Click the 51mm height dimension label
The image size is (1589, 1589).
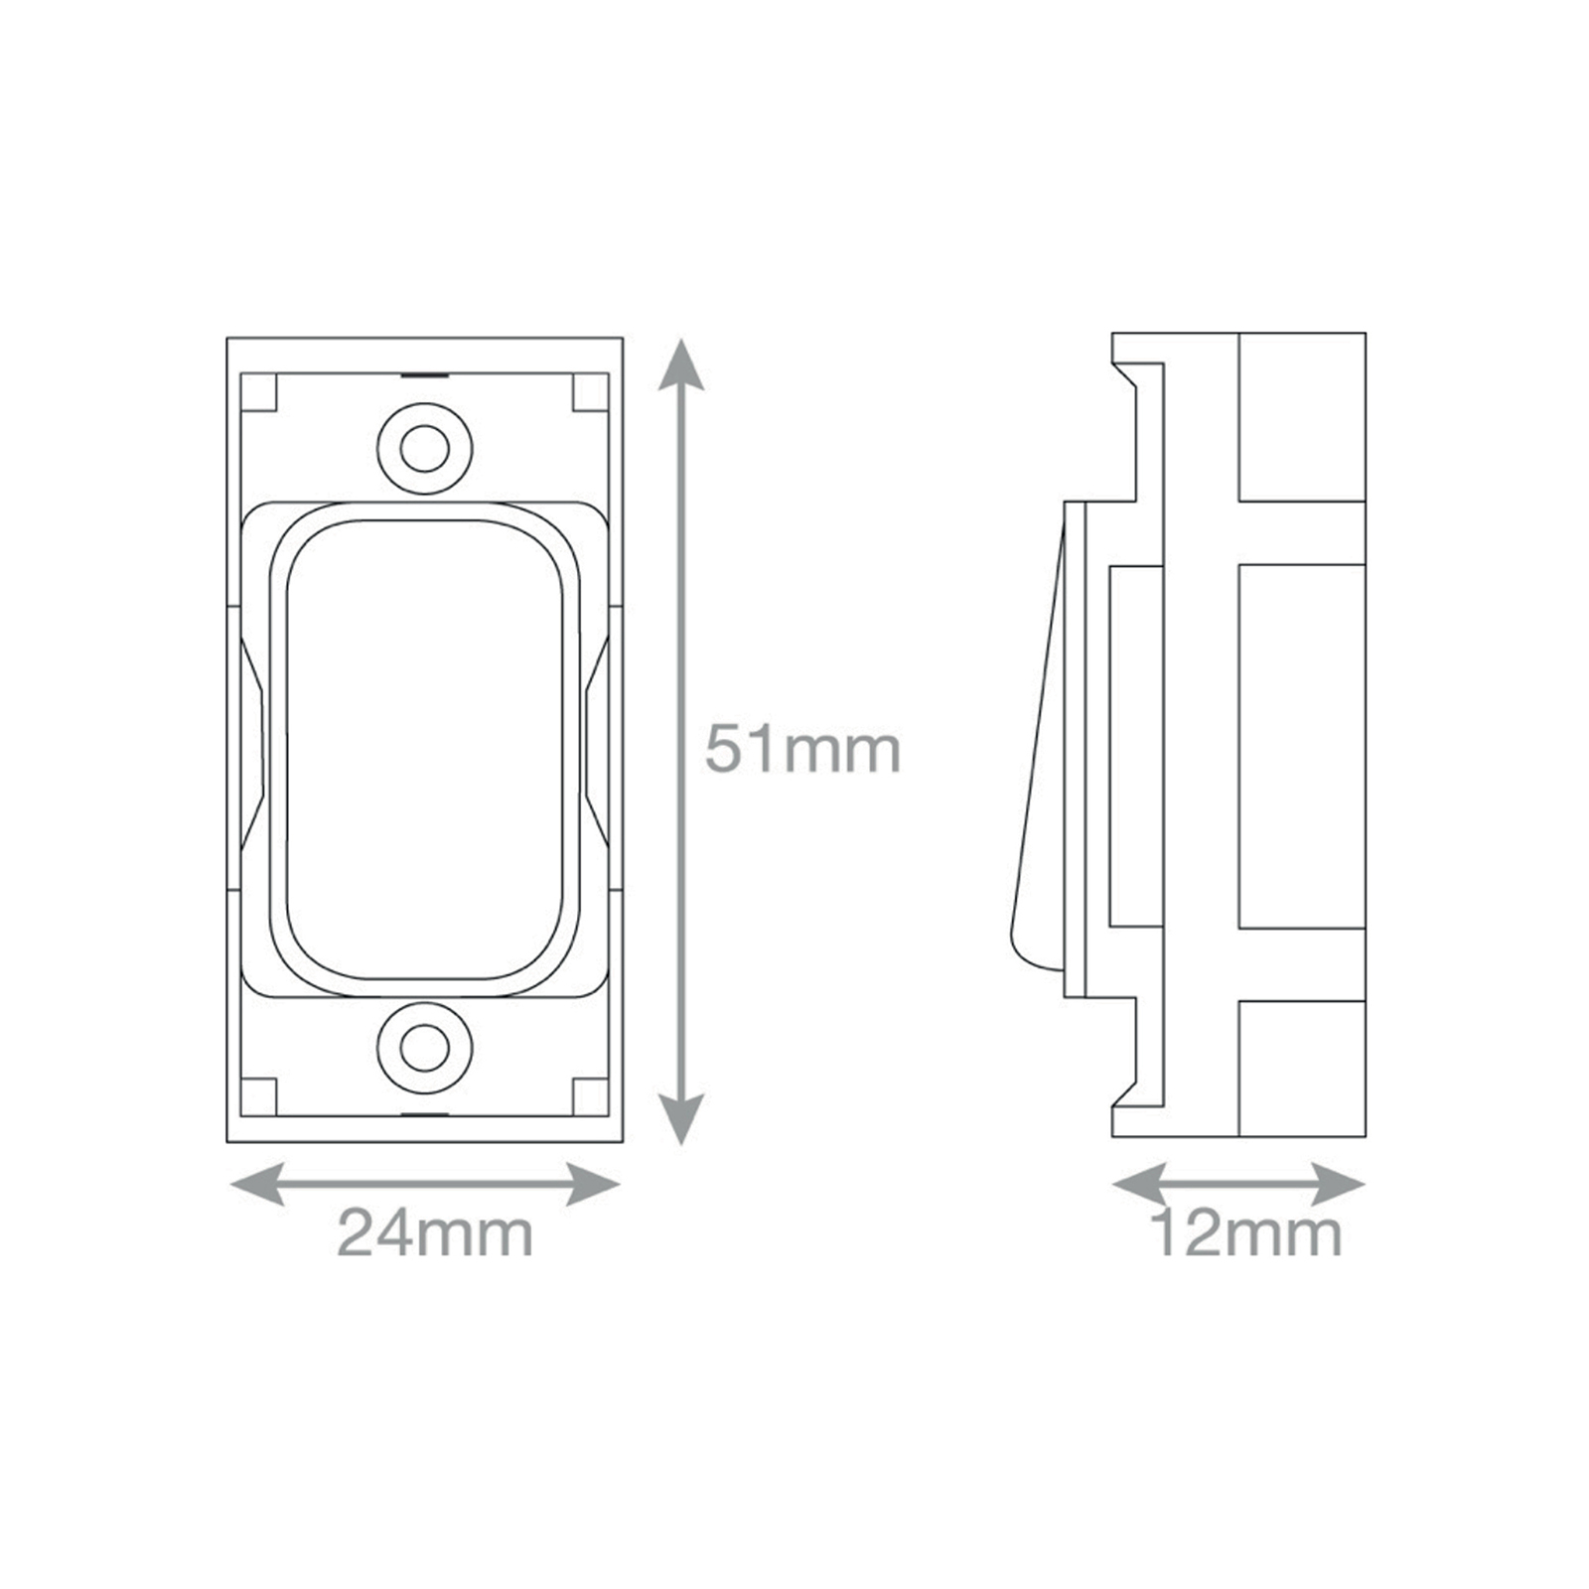pos(802,750)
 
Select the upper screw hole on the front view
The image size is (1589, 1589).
pos(424,449)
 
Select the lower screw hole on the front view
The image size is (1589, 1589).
pos(424,1048)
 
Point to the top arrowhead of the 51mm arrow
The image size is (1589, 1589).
pos(680,364)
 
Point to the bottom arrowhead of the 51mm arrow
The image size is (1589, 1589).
pos(680,1119)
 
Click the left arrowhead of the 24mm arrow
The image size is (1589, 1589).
pos(257,1183)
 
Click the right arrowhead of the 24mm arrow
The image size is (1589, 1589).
pos(593,1183)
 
